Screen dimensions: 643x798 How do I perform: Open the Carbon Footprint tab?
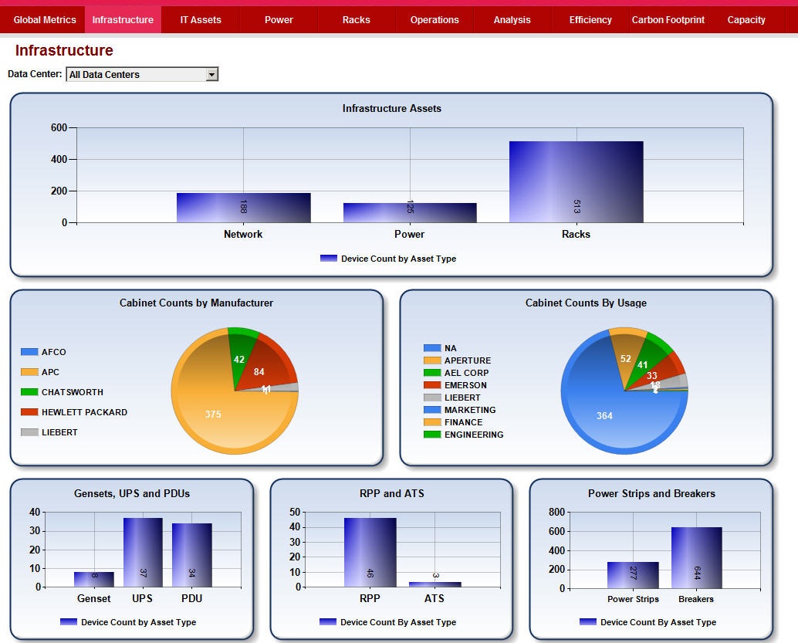[x=668, y=20]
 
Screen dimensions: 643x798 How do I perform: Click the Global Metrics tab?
[x=45, y=20]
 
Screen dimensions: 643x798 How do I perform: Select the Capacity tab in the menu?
[x=746, y=20]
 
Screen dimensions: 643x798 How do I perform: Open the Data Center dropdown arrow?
[x=212, y=75]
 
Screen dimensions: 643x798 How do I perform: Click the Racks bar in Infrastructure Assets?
[x=576, y=182]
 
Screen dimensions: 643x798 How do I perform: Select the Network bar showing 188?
[x=243, y=208]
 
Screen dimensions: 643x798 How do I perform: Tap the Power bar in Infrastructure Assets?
[x=410, y=212]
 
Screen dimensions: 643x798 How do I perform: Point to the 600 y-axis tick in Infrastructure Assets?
[x=59, y=128]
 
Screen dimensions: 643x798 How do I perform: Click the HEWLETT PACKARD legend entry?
[x=84, y=412]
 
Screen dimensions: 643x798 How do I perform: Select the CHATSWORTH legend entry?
[x=72, y=392]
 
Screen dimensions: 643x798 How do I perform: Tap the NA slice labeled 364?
[x=604, y=417]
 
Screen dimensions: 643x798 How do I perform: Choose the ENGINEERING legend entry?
[x=473, y=435]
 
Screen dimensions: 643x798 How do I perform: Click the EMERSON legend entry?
[x=465, y=385]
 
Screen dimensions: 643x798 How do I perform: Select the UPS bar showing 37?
[x=143, y=552]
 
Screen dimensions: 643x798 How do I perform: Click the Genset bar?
[x=94, y=579]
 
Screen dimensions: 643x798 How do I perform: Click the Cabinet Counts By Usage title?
[x=586, y=303]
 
